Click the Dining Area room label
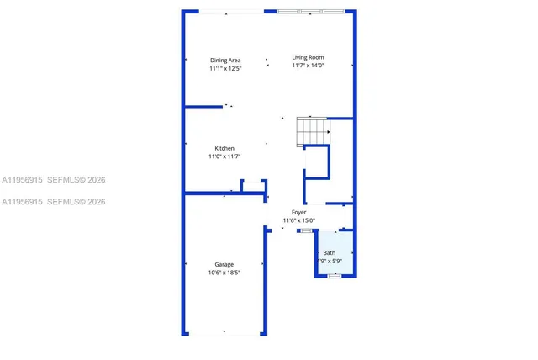(225, 60)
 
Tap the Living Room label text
(308, 57)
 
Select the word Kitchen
(224, 148)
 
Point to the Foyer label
(299, 212)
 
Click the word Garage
(224, 264)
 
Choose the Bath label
(329, 252)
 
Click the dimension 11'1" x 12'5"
(225, 68)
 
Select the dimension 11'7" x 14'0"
(308, 66)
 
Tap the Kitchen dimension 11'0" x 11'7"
(224, 156)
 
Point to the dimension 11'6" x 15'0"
(299, 220)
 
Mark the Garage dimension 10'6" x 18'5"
(224, 273)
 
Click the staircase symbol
(313, 131)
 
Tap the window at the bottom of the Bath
(334, 276)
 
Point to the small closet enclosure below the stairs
(316, 162)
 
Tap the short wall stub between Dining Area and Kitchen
(205, 107)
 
